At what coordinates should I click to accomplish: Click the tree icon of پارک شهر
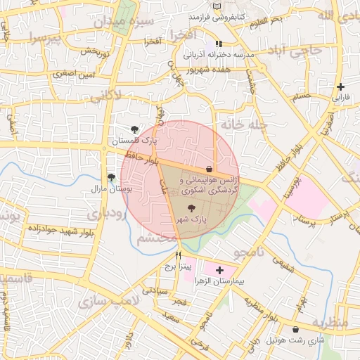pos(193,208)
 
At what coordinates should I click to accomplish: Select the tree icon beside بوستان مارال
pos(110,177)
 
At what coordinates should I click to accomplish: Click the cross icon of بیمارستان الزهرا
pos(220,270)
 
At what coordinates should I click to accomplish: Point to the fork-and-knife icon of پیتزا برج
pos(179,255)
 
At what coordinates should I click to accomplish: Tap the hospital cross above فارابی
pos(340,86)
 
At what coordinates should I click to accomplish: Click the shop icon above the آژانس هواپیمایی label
pos(210,169)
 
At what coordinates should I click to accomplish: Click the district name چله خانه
pos(243,124)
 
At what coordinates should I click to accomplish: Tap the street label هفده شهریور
pos(210,69)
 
